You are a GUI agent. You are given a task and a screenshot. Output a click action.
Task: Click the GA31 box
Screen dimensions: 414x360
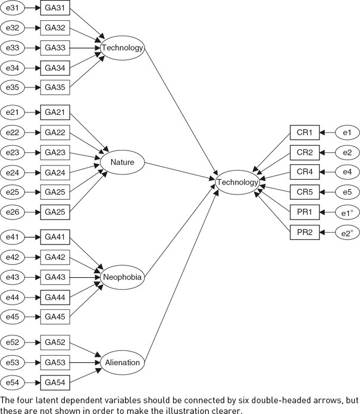point(55,8)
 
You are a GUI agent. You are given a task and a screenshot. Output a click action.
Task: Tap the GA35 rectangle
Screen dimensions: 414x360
point(55,87)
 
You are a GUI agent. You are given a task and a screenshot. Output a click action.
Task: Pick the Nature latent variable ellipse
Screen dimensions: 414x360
point(121,161)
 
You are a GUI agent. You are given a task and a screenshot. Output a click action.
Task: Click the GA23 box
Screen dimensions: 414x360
point(55,152)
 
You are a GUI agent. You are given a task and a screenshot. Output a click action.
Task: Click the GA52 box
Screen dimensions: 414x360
point(55,342)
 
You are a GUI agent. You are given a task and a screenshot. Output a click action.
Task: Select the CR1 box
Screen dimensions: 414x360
point(305,132)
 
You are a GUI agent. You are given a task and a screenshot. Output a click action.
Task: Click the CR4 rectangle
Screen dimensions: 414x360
point(305,172)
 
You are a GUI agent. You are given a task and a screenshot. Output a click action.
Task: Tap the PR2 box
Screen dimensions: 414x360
point(305,231)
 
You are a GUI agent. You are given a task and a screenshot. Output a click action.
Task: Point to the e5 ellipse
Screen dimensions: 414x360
point(346,192)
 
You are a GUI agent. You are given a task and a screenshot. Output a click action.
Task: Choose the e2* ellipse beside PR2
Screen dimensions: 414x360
point(346,231)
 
